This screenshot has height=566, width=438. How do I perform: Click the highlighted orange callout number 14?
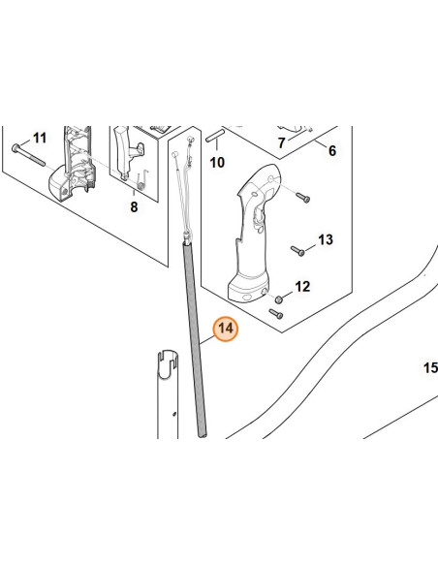[226, 329]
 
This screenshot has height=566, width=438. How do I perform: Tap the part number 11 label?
[40, 138]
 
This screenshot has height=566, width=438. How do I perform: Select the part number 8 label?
[134, 207]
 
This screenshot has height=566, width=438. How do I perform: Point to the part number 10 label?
[217, 163]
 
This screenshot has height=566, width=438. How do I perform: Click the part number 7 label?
[282, 142]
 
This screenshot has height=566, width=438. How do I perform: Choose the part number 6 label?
[332, 150]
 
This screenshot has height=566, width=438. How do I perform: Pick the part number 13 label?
[326, 239]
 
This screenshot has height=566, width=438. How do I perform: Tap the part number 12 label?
[302, 287]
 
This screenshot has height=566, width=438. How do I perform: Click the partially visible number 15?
[430, 368]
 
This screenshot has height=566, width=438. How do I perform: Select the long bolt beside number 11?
[28, 155]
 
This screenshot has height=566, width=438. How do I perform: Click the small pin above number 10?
[215, 136]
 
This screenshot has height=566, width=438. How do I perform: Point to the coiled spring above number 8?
[142, 180]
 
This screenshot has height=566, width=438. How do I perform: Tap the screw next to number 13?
[297, 250]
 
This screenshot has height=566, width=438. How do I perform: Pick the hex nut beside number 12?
[278, 299]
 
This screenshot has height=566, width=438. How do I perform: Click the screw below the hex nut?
[276, 314]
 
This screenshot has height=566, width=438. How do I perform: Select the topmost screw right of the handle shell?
[302, 198]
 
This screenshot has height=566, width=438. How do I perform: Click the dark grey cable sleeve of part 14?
[195, 340]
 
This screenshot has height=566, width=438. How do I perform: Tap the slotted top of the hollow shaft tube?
[169, 363]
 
